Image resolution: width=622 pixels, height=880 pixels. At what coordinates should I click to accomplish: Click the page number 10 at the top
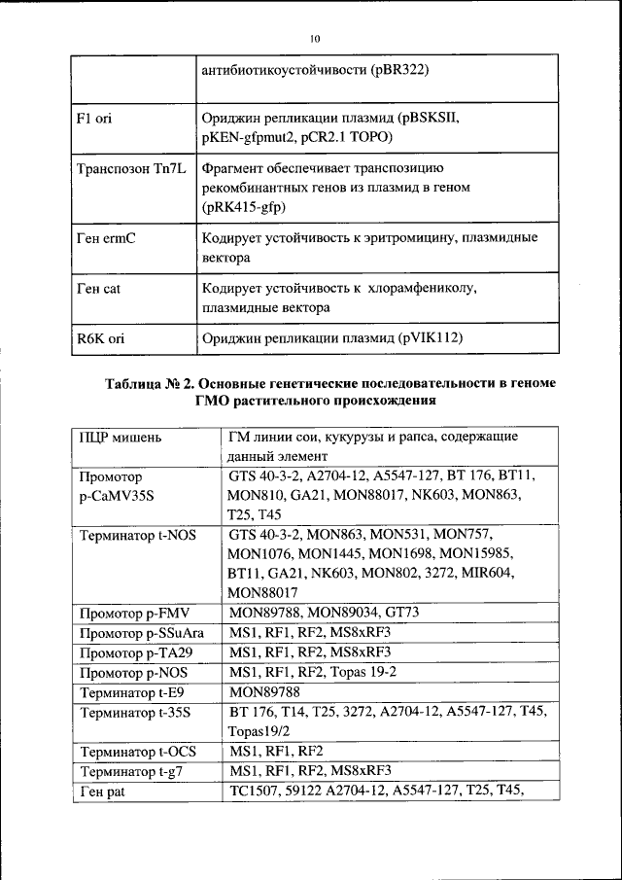click(x=314, y=39)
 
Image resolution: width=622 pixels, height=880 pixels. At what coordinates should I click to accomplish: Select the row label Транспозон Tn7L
click(x=126, y=170)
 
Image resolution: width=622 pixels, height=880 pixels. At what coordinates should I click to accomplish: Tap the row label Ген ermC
click(x=106, y=238)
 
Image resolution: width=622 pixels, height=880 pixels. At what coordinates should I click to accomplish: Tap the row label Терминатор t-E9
click(x=131, y=692)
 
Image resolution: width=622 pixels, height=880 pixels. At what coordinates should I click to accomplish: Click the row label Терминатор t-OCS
click(x=137, y=752)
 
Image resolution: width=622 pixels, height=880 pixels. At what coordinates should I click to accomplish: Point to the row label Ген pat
click(x=103, y=792)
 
